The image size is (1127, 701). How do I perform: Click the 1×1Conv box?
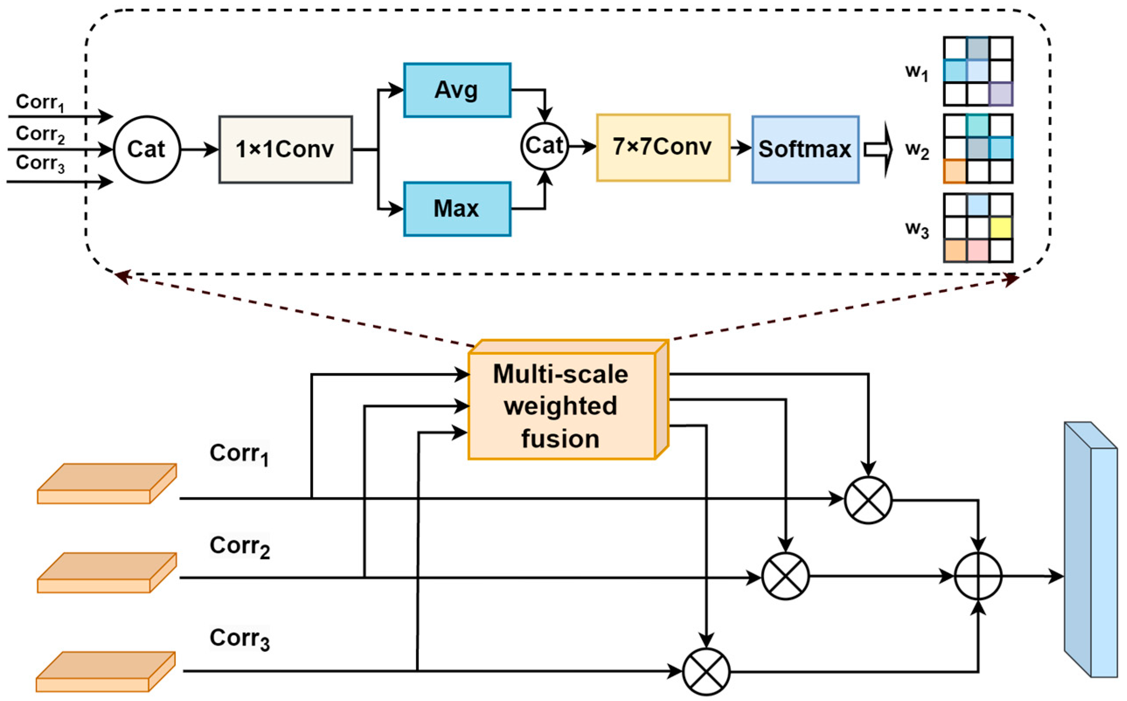(x=285, y=149)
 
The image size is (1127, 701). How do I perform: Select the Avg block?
(x=457, y=90)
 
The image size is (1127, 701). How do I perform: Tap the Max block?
(x=457, y=209)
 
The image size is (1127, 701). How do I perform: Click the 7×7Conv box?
(x=663, y=148)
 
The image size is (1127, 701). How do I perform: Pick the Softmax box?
(x=805, y=149)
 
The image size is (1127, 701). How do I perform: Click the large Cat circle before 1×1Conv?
(x=146, y=149)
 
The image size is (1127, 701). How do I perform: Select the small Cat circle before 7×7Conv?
(x=544, y=145)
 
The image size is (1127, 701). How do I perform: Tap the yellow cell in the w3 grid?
(x=1000, y=228)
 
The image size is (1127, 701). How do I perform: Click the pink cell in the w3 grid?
(x=978, y=250)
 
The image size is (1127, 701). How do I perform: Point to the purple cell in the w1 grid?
(x=1000, y=94)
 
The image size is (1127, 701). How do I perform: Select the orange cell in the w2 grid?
(x=955, y=171)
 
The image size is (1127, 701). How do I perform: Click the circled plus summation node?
(x=978, y=576)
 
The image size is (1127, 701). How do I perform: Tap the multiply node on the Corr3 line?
(x=706, y=671)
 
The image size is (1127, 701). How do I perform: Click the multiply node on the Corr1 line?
(x=868, y=500)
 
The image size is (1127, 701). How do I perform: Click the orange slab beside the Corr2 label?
(x=107, y=573)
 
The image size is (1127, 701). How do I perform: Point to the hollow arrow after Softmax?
(x=878, y=150)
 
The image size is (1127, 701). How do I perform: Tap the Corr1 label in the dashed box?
(x=39, y=102)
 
